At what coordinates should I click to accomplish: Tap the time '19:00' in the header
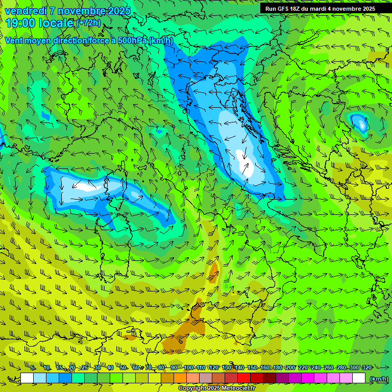click(21, 23)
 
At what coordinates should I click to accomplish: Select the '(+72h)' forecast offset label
click(88, 23)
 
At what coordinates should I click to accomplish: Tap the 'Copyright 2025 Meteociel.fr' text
click(217, 388)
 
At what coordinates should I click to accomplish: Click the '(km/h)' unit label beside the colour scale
click(378, 379)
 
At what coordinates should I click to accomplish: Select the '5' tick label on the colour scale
click(33, 367)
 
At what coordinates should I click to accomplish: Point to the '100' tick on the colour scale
click(188, 367)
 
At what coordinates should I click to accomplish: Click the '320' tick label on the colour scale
click(366, 367)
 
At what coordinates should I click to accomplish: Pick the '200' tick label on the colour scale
click(290, 367)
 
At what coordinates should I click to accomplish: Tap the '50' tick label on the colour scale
click(123, 367)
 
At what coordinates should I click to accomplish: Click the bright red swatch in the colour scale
click(244, 378)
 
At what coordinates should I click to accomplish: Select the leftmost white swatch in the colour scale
click(27, 378)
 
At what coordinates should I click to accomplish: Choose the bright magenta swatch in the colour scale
click(308, 378)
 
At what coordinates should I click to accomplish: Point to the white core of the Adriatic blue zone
click(248, 168)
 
